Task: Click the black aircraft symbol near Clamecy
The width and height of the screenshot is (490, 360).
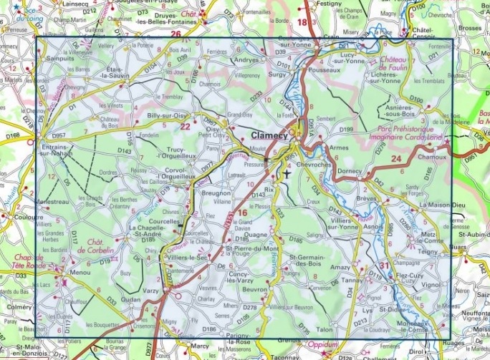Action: [287, 172]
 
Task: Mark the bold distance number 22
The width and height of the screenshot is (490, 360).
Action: [185, 127]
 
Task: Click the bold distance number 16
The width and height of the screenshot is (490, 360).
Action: [242, 213]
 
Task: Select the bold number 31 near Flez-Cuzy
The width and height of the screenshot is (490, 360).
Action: [385, 266]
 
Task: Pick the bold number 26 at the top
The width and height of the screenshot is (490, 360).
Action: [176, 34]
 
